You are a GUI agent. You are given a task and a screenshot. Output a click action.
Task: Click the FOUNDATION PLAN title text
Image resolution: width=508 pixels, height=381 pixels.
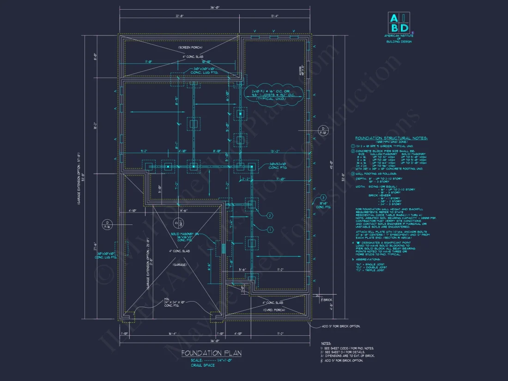(x=211, y=353)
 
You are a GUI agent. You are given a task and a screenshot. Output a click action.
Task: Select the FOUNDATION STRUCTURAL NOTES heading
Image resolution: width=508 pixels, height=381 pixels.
(x=391, y=138)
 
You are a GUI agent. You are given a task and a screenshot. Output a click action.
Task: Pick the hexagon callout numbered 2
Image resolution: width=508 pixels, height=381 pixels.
(x=270, y=215)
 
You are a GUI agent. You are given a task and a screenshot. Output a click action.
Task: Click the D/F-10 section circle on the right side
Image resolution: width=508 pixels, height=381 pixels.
(x=324, y=130)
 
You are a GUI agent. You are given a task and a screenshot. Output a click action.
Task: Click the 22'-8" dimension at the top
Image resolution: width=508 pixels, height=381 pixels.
(x=180, y=16)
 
